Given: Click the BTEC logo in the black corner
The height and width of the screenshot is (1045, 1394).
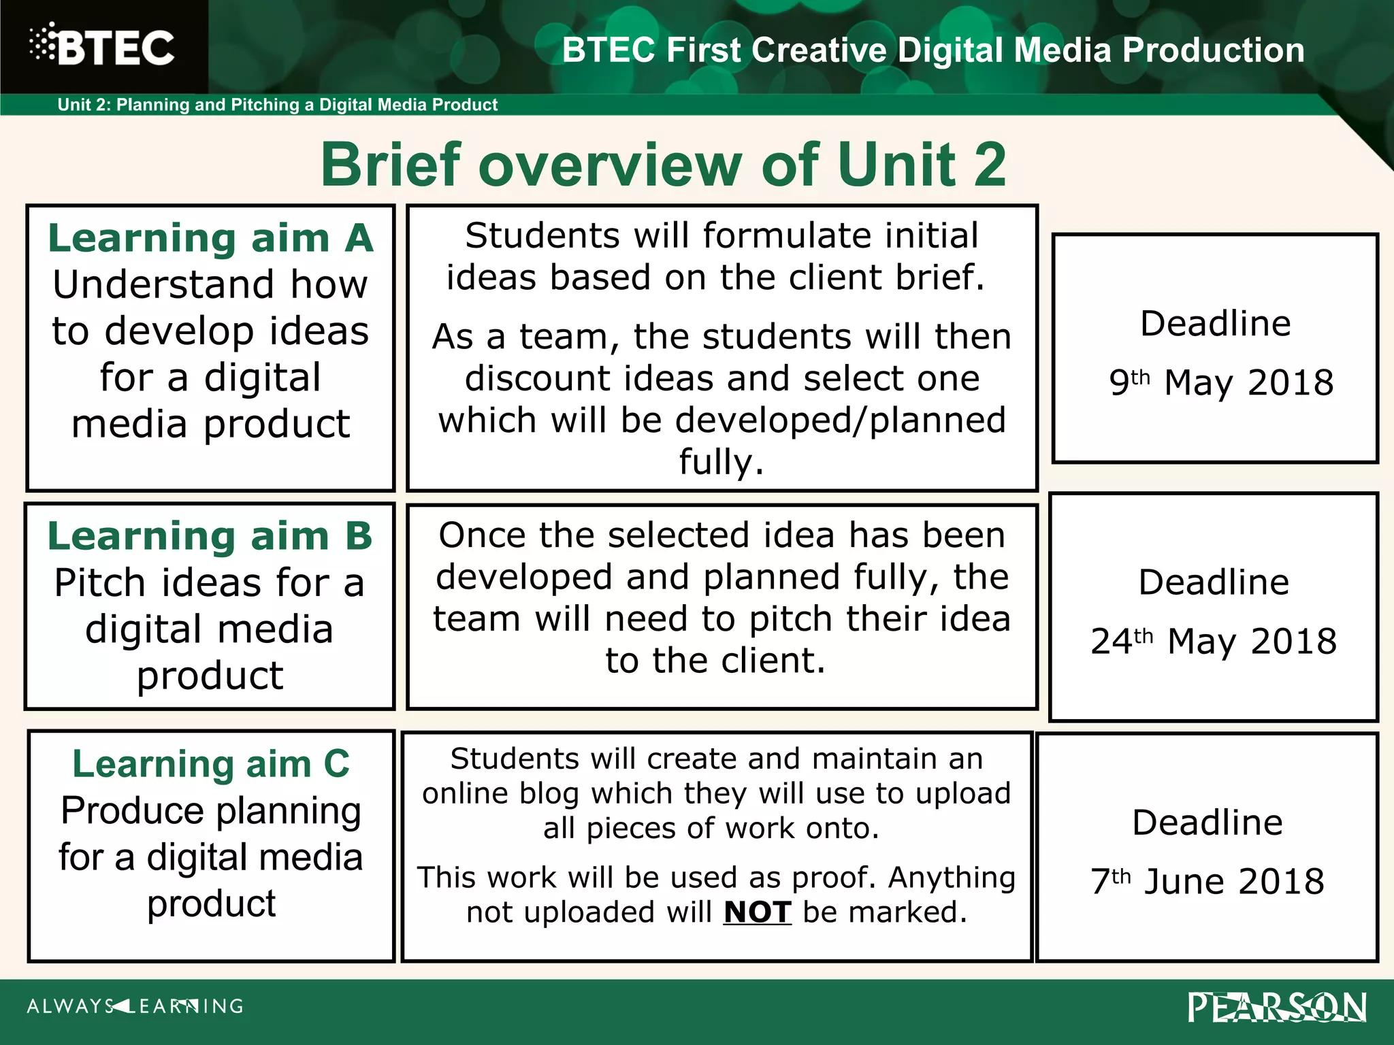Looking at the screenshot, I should (x=102, y=47).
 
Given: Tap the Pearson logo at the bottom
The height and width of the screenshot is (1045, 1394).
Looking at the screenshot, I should (x=1277, y=1008).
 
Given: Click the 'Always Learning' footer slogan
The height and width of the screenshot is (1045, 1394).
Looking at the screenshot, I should (x=135, y=1006).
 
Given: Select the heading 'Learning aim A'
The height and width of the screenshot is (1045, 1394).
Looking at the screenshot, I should (x=210, y=239).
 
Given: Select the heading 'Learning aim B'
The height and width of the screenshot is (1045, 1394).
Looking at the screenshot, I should (x=210, y=537).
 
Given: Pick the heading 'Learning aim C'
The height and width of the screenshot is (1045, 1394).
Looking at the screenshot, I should (x=211, y=764).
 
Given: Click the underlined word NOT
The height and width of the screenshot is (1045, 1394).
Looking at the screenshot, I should (x=757, y=912).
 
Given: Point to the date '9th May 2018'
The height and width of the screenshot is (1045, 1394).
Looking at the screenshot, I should (x=1221, y=382).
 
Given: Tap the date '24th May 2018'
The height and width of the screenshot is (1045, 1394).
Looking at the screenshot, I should (x=1214, y=641).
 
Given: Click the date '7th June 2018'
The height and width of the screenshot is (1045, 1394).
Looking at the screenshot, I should (x=1207, y=882).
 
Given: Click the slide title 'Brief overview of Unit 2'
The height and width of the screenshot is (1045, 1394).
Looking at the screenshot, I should (x=663, y=165).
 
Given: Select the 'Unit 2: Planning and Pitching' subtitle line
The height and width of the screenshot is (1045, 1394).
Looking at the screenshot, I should (x=277, y=105).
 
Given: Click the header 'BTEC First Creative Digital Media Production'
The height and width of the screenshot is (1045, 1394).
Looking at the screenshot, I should (x=933, y=50).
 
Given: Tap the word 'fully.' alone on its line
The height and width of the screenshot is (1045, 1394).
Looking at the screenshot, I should (x=722, y=463).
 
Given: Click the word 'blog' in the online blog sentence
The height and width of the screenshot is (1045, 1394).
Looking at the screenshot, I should (x=549, y=794).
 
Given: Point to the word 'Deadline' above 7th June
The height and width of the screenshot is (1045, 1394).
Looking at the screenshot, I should (x=1207, y=823).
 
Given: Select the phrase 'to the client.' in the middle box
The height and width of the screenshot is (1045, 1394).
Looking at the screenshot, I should (x=715, y=661).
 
